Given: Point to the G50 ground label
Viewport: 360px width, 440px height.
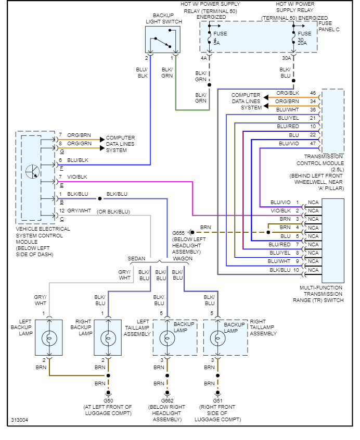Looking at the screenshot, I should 108,400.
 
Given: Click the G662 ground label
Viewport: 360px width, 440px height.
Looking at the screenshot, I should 167,400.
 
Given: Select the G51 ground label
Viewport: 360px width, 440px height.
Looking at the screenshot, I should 217,400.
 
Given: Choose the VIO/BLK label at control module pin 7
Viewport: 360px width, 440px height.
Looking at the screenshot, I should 77,177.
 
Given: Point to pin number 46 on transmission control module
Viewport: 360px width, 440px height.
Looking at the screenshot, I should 313,93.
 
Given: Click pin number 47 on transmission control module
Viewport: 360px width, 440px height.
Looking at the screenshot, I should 313,143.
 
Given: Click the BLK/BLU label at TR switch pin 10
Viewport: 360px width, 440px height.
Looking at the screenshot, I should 281,270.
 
